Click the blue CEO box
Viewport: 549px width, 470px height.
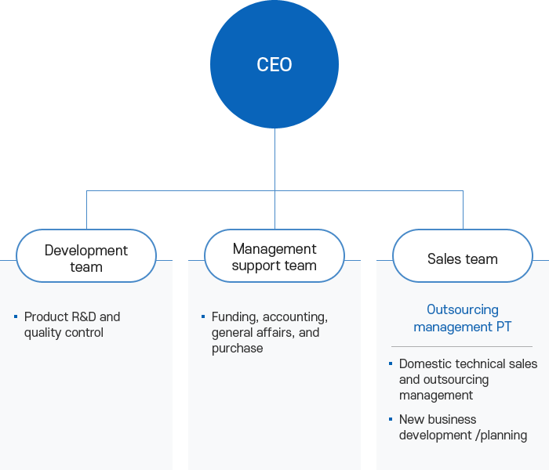point(274,64)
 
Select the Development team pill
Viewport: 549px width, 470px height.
point(86,258)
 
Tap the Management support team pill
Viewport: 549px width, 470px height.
point(274,256)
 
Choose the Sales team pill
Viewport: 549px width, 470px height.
point(463,258)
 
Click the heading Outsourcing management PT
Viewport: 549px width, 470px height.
point(463,318)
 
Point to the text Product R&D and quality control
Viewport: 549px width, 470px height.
point(72,324)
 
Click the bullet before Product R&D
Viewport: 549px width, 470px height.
point(16,316)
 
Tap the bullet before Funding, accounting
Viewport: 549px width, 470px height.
point(203,316)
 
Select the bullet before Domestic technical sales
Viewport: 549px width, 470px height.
point(391,363)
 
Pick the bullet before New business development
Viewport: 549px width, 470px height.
point(391,419)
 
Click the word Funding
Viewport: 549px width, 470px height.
point(234,316)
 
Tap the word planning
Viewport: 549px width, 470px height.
point(504,435)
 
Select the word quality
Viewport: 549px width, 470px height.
point(44,333)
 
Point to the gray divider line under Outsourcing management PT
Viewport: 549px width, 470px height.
point(462,346)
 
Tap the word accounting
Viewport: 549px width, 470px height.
point(295,316)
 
